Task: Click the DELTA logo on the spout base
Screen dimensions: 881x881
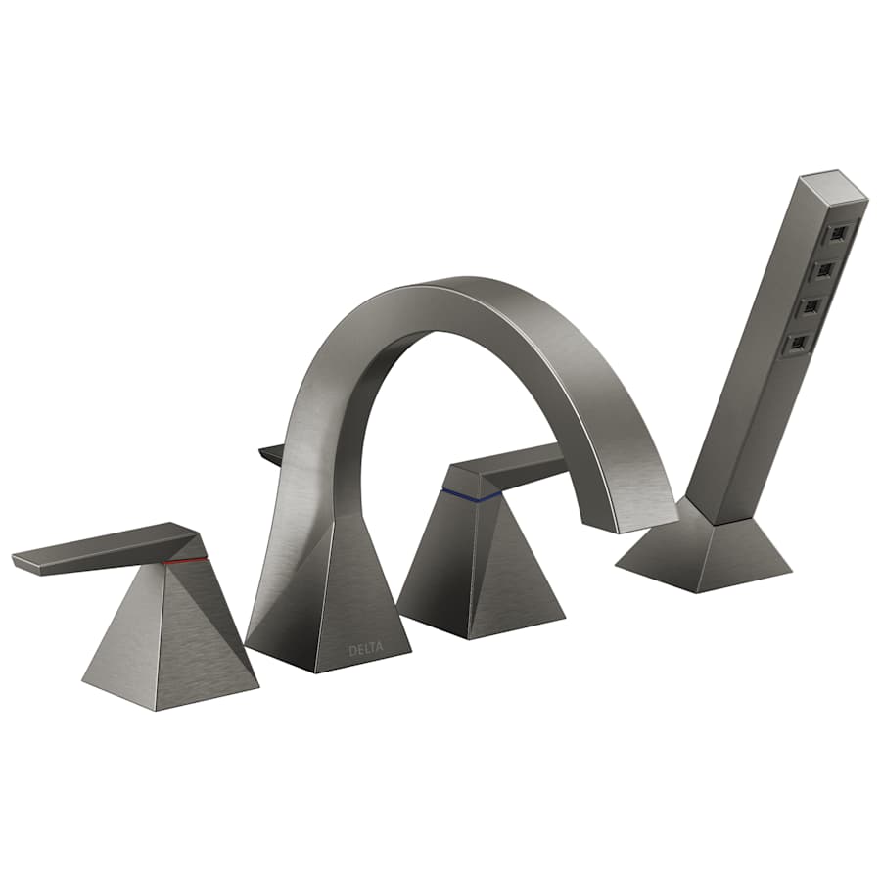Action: coord(367,649)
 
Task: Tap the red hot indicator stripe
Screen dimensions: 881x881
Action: coord(186,561)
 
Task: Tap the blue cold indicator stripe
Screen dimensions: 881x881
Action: coord(471,493)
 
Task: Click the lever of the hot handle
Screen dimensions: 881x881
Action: coord(108,548)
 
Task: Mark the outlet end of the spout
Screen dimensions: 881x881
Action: coord(641,514)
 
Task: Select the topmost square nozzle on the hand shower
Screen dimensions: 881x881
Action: coord(838,234)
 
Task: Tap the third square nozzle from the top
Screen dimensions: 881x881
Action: coord(812,306)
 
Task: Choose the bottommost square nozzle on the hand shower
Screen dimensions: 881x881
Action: coord(800,343)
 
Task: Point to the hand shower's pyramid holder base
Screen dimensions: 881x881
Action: coord(705,553)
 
